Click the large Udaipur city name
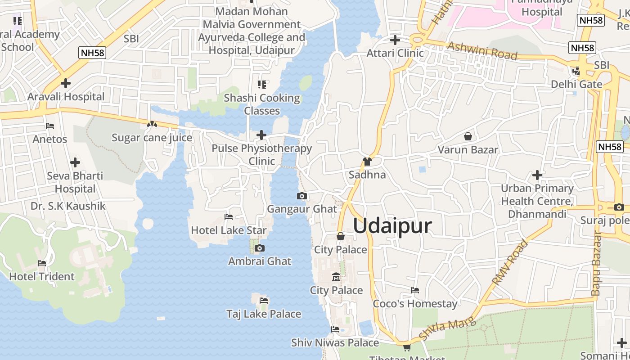click(x=392, y=226)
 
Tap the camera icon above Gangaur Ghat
click(x=302, y=196)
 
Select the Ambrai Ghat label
click(x=260, y=261)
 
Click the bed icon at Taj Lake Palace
click(x=264, y=300)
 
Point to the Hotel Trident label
click(x=42, y=276)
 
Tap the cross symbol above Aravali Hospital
click(x=66, y=83)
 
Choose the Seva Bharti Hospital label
click(x=75, y=182)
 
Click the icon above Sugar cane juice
click(x=152, y=124)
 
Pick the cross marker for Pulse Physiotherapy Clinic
click(x=261, y=135)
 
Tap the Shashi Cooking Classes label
click(x=262, y=104)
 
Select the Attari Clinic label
click(x=395, y=53)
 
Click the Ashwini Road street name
click(x=482, y=51)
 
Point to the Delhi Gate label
click(x=576, y=84)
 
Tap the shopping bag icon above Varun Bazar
click(x=468, y=136)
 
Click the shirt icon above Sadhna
click(x=367, y=161)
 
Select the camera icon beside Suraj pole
click(x=619, y=207)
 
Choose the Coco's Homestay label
click(x=415, y=304)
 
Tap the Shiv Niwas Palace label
click(x=335, y=342)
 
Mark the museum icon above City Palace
click(x=336, y=277)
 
